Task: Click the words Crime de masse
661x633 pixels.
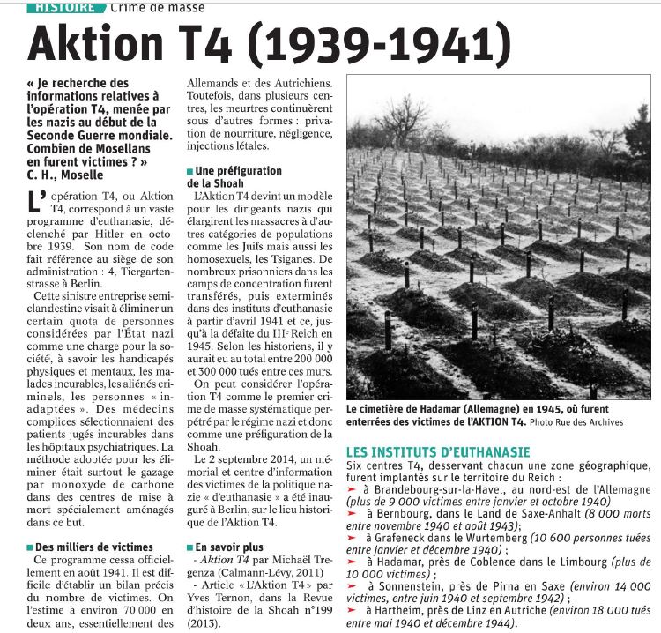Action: pyautogui.click(x=158, y=8)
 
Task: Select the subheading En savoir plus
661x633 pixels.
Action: pyautogui.click(x=227, y=547)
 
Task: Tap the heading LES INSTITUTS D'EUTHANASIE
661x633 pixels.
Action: pyautogui.click(x=437, y=452)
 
